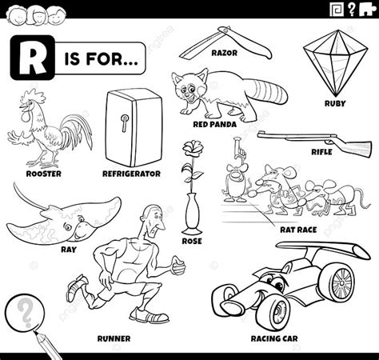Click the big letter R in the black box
pyautogui.click(x=32, y=58)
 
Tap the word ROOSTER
pyautogui.click(x=44, y=174)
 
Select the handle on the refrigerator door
pyautogui.click(x=124, y=123)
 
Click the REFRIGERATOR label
pyautogui.click(x=132, y=174)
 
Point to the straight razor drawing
pyautogui.click(x=225, y=42)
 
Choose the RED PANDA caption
pyautogui.click(x=214, y=124)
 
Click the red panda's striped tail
pyautogui.click(x=269, y=92)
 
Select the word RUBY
pyautogui.click(x=335, y=103)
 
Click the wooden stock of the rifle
pyautogui.click(x=355, y=146)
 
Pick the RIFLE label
pyautogui.click(x=321, y=152)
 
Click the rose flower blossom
pyautogui.click(x=193, y=147)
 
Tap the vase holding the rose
pyautogui.click(x=191, y=214)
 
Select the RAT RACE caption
pyautogui.click(x=298, y=230)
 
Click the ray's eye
pyautogui.click(x=67, y=227)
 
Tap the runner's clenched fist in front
pyautogui.click(x=178, y=265)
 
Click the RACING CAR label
pyautogui.click(x=274, y=338)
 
